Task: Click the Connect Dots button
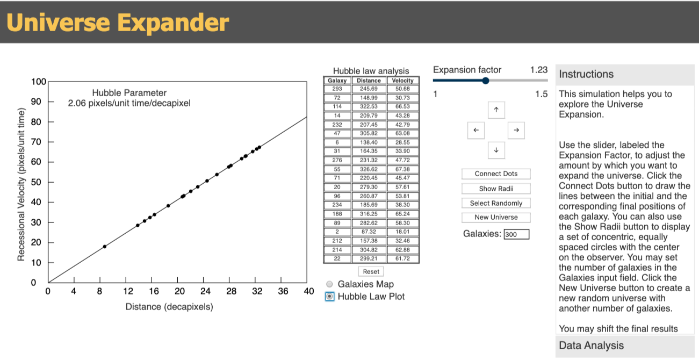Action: point(496,174)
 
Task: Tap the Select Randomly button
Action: point(496,203)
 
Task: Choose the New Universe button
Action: point(496,217)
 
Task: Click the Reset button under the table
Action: point(371,271)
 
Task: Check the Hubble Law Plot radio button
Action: point(330,297)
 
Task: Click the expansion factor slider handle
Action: point(486,81)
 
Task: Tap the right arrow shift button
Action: point(516,130)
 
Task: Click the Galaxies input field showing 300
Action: point(516,234)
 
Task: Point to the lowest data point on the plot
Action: point(105,247)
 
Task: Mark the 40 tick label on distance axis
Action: point(308,291)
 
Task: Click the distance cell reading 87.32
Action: point(369,232)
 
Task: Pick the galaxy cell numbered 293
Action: point(337,88)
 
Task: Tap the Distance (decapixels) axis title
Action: point(169,307)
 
